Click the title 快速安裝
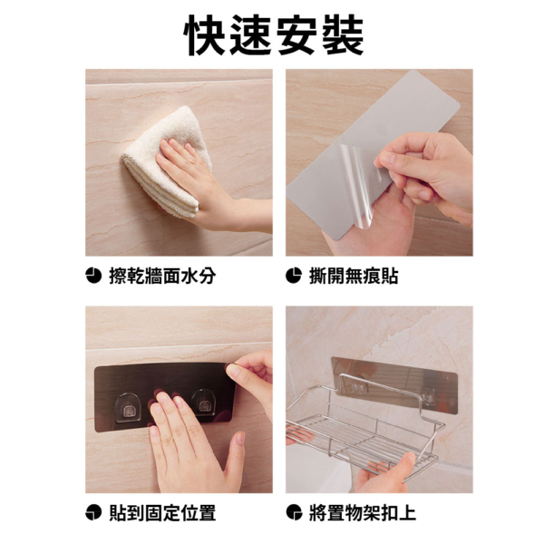pos(274,34)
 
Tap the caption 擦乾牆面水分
pos(162,277)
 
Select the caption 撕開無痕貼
pos(354,277)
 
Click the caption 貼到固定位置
pos(162,513)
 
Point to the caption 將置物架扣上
pos(363,513)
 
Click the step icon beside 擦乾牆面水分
pos(93,277)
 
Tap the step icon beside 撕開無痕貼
pos(294,277)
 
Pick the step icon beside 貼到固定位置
pos(93,513)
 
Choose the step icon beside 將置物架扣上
pos(294,513)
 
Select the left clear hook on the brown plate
pos(128,408)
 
